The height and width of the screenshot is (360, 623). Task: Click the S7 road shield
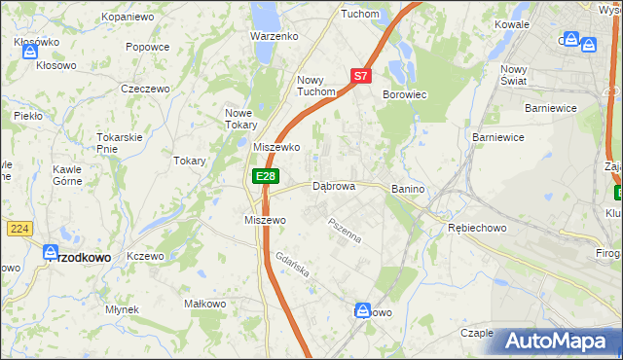click(360, 75)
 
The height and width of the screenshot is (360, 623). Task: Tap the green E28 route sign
click(266, 176)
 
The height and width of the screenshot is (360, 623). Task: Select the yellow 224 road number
click(18, 228)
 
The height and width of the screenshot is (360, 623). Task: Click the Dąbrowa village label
click(333, 185)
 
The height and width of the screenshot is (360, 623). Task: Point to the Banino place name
click(410, 186)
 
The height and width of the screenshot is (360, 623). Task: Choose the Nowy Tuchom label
click(316, 87)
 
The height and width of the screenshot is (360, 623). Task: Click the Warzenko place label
click(274, 35)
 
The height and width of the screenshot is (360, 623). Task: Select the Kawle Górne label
click(67, 174)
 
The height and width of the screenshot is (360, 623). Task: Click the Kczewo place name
click(145, 255)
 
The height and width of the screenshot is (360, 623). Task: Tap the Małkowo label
click(204, 304)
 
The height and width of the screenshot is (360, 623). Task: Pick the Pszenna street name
click(345, 233)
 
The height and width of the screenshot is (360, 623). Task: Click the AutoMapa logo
click(557, 341)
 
